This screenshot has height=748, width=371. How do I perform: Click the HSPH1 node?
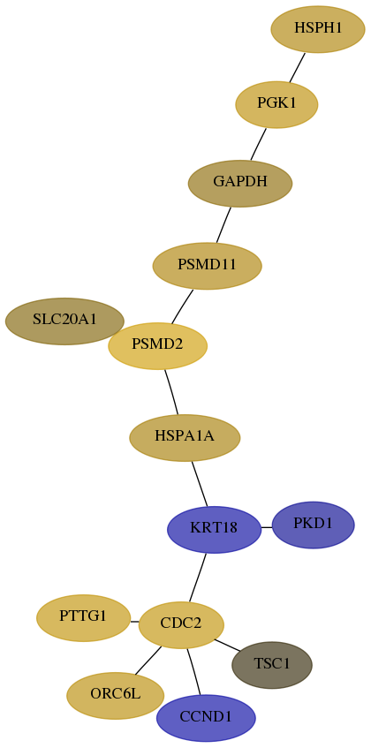(x=318, y=29)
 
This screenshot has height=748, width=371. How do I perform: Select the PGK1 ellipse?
(x=276, y=104)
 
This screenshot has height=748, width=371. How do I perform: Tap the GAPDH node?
(x=240, y=183)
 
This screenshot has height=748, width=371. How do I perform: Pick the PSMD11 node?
(x=207, y=266)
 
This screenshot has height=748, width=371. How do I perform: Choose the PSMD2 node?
(x=157, y=346)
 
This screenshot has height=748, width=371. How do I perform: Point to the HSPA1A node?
(x=185, y=437)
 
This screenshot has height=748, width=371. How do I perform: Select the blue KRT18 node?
(x=214, y=530)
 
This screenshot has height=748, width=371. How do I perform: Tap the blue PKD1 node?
(x=313, y=525)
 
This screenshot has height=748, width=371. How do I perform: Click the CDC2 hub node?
(x=181, y=625)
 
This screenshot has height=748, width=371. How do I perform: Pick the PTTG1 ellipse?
(x=83, y=618)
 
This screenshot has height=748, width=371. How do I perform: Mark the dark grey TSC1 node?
(x=272, y=665)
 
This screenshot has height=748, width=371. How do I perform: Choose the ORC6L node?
(x=116, y=696)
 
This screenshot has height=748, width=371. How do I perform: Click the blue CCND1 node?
(x=206, y=718)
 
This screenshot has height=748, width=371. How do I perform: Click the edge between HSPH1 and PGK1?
(x=297, y=67)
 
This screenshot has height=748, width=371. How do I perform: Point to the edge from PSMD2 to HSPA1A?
(x=171, y=392)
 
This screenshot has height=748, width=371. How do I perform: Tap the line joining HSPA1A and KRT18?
(x=200, y=484)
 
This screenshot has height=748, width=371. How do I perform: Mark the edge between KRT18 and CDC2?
(x=197, y=578)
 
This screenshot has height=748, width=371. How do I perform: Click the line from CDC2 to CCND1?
(x=193, y=671)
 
